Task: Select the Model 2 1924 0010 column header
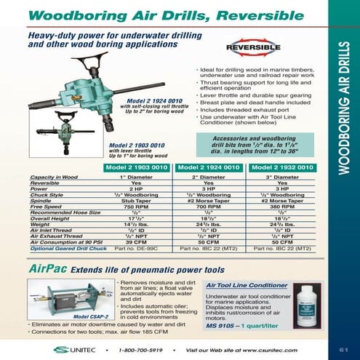point(210,167)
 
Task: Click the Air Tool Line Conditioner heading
point(245,286)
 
